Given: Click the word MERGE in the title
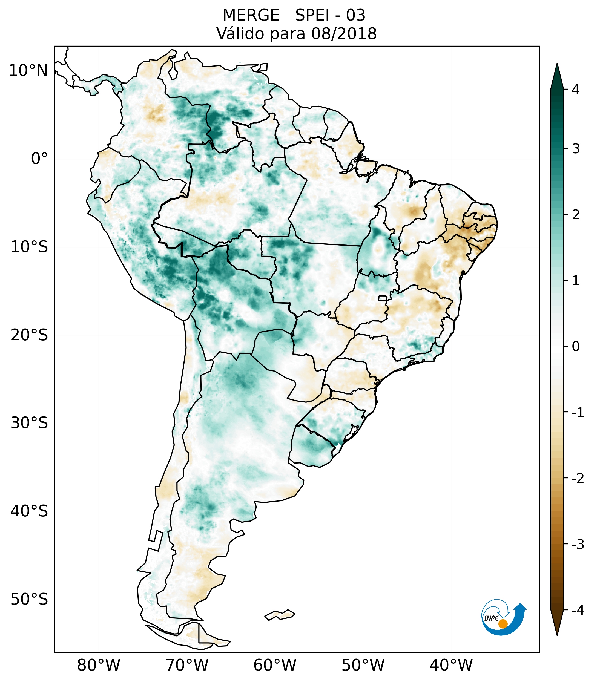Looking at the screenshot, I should (x=251, y=15).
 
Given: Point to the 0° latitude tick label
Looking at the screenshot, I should (x=39, y=159).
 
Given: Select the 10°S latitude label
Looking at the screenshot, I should (x=29, y=247).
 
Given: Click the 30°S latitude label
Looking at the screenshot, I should (x=29, y=423).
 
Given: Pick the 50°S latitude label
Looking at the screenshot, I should (x=29, y=599).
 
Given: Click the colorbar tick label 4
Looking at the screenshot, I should (x=576, y=90).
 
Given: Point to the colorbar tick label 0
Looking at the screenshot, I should (x=576, y=347).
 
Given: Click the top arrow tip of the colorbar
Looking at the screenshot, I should (x=557, y=65).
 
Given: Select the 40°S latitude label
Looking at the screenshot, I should (x=29, y=511).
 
